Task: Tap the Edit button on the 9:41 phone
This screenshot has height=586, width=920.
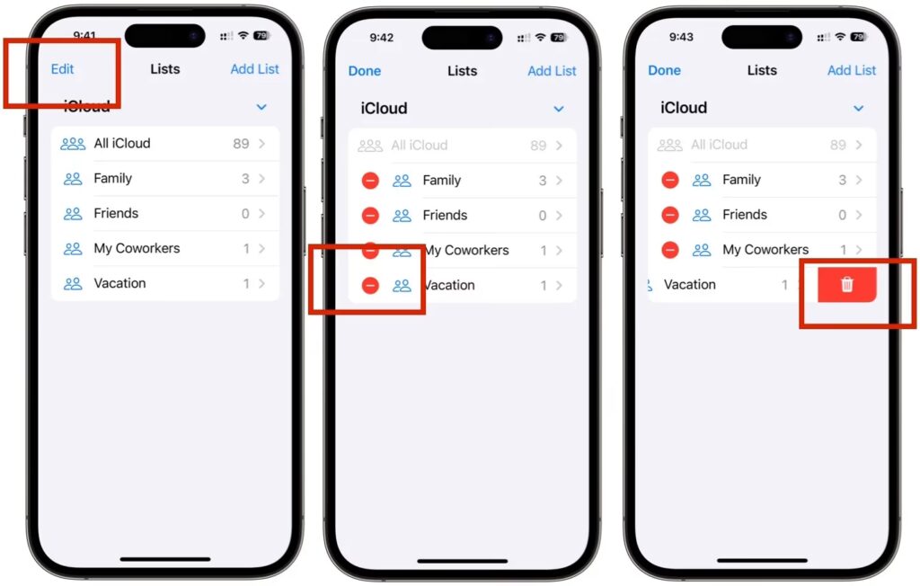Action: [x=62, y=68]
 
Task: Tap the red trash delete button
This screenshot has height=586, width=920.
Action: [x=846, y=285]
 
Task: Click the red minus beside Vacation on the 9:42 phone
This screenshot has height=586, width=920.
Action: [x=370, y=286]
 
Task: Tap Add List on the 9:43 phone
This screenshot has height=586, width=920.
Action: [x=852, y=70]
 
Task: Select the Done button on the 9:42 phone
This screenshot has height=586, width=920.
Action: [x=365, y=71]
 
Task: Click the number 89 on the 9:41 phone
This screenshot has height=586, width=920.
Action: [x=241, y=144]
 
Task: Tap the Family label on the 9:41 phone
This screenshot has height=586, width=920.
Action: [x=112, y=179]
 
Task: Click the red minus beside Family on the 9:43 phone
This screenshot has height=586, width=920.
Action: [x=670, y=180]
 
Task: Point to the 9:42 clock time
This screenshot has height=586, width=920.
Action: [x=381, y=38]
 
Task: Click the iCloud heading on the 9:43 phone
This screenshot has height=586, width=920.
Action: [x=684, y=108]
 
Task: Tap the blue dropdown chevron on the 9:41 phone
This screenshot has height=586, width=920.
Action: [x=261, y=107]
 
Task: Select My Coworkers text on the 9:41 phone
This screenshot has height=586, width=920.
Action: [x=137, y=248]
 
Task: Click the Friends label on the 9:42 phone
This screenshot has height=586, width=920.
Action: [x=445, y=216]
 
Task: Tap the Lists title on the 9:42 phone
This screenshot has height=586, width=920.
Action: [x=463, y=71]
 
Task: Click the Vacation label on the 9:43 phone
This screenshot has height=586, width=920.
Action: [x=689, y=285]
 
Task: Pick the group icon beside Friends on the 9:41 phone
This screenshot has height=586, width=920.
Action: [x=73, y=214]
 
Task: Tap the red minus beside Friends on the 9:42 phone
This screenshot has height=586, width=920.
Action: [x=370, y=216]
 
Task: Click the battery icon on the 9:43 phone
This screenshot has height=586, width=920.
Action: [x=858, y=37]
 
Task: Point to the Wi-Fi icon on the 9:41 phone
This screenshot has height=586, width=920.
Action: [x=243, y=35]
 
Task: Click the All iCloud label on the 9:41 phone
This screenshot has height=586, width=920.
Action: [x=122, y=143]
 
